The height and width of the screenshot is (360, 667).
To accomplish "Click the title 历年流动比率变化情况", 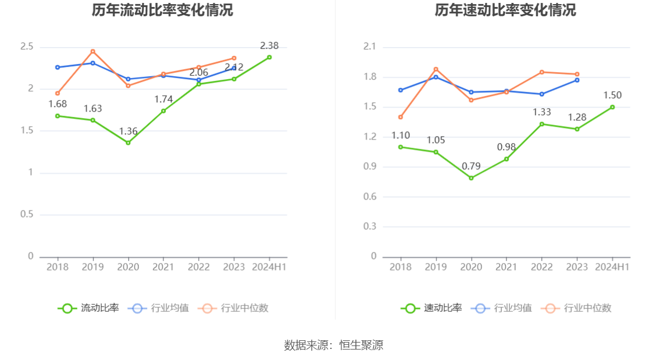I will [x=162, y=10].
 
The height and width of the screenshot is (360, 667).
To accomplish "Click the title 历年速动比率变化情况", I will [x=505, y=10].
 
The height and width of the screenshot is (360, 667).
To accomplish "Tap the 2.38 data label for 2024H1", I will [x=269, y=45].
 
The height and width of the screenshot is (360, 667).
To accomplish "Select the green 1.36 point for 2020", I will [x=128, y=142].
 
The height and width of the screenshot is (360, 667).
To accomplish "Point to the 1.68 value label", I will [x=58, y=104].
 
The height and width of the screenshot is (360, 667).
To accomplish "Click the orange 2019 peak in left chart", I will [x=92, y=51].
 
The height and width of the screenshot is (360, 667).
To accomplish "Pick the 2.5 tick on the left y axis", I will [x=27, y=47].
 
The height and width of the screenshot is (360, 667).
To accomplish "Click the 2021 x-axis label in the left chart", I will [x=163, y=267].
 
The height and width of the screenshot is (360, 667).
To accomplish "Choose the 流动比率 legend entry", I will [x=88, y=308].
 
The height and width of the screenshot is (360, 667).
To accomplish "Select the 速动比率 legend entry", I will [x=431, y=308].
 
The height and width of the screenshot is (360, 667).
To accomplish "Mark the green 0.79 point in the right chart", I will [x=471, y=178].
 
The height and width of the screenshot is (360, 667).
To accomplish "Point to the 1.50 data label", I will [x=612, y=95].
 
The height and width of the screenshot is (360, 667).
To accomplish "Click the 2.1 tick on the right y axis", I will [x=370, y=47].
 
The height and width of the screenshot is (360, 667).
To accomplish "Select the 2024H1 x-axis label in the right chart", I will [x=612, y=267].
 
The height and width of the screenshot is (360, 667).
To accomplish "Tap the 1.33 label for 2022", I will [x=542, y=112].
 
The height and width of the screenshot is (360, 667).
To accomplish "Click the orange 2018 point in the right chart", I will [x=401, y=117].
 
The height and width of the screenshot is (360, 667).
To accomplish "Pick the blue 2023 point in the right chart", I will [x=577, y=80].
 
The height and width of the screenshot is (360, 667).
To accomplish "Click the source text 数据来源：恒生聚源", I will [x=333, y=345].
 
